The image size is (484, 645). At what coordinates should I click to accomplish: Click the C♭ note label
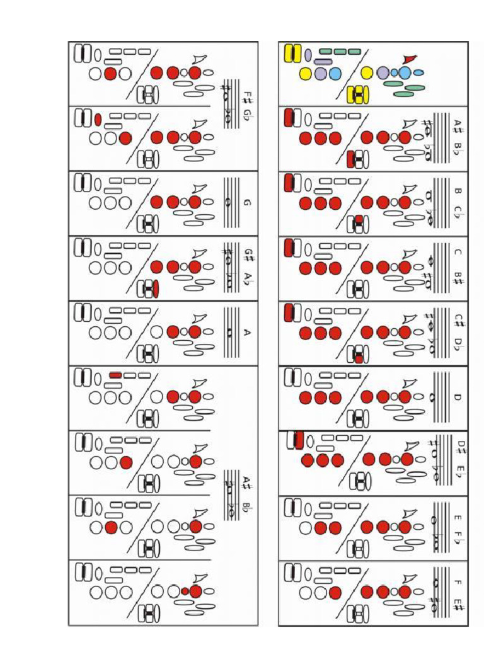click(x=459, y=212)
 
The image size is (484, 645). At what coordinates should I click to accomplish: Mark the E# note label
click(x=459, y=604)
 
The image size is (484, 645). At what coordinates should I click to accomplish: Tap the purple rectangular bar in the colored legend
click(x=323, y=62)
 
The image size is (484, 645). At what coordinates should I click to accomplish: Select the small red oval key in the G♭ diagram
click(x=98, y=119)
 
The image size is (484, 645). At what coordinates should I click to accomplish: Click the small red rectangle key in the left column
click(x=116, y=375)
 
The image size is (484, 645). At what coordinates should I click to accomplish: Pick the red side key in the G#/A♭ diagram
click(x=156, y=288)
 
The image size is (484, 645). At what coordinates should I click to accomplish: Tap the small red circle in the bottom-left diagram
click(x=185, y=591)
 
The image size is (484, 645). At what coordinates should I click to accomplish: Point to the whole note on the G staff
click(x=229, y=202)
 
